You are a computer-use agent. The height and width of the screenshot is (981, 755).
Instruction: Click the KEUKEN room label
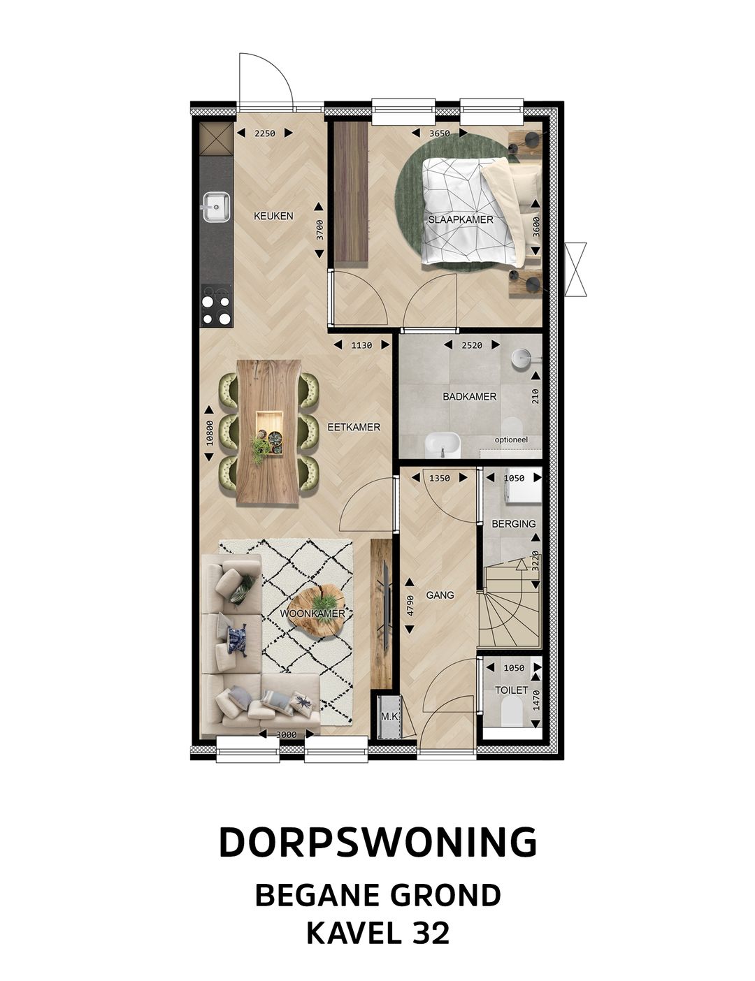tap(273, 216)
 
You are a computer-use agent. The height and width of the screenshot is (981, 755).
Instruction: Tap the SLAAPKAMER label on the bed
tap(461, 219)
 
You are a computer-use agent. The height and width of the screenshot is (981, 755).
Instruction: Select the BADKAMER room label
tap(469, 396)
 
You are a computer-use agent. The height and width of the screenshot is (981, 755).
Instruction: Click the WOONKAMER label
tap(312, 613)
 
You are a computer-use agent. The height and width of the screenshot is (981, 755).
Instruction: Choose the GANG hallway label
tap(440, 595)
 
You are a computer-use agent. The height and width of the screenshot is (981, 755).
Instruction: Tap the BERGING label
tap(513, 523)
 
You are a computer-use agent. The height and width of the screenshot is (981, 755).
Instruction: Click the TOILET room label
tap(511, 690)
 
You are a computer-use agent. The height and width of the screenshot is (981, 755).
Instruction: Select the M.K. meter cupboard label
tap(389, 716)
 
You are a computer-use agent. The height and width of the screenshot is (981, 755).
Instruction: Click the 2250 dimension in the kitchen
tap(264, 133)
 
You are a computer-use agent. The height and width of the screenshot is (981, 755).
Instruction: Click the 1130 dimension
tap(361, 344)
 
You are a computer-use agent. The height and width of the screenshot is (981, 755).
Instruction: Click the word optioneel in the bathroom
tap(511, 439)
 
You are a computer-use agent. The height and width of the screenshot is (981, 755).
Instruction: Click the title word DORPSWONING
tap(377, 843)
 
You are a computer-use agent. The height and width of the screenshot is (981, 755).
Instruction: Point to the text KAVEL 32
tap(377, 933)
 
